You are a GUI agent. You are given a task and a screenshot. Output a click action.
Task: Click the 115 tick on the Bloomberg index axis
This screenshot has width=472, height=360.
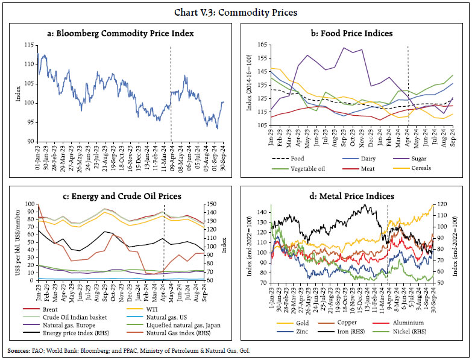(28, 46)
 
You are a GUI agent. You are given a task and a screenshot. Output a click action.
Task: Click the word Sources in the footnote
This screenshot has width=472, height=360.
(18, 350)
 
